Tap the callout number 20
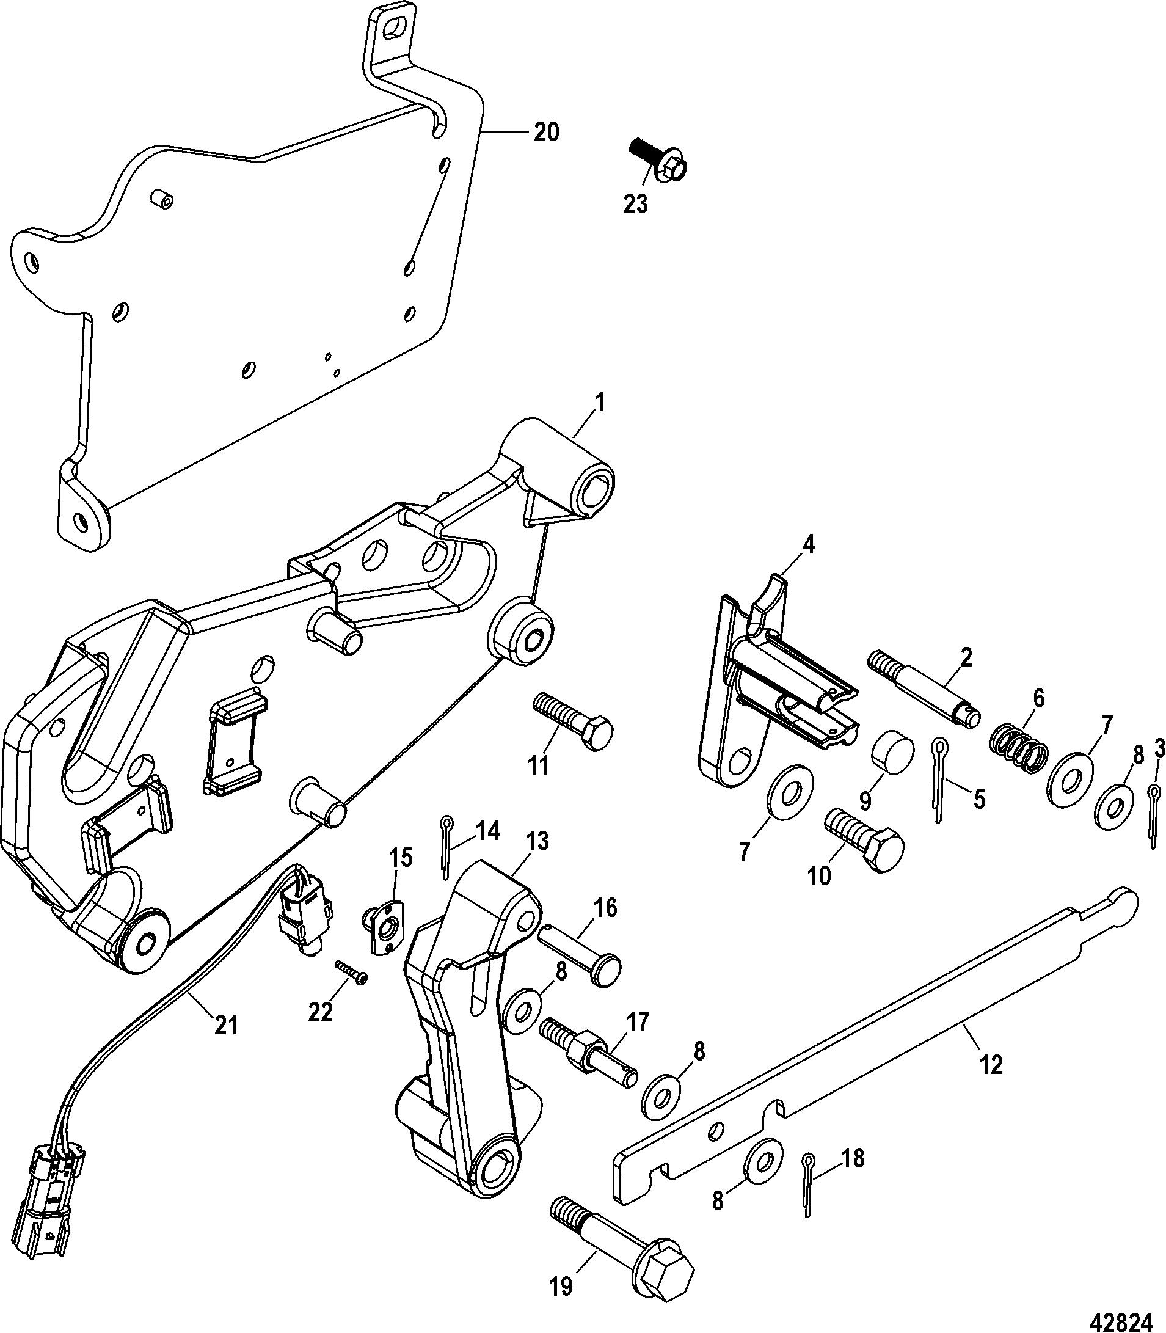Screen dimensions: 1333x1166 click(x=546, y=132)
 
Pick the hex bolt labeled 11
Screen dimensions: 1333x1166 click(x=572, y=723)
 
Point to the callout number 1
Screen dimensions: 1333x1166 click(x=599, y=404)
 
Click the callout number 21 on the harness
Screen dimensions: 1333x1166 click(x=226, y=1026)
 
